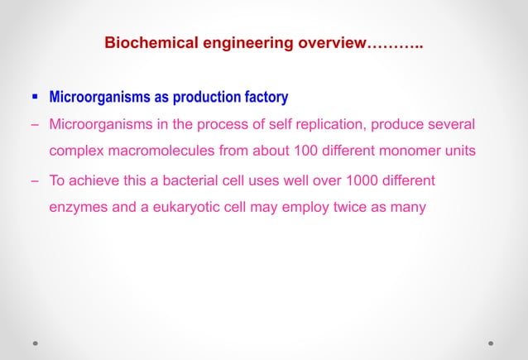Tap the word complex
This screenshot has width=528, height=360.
tap(76, 152)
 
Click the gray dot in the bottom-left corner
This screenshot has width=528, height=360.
tap(36, 342)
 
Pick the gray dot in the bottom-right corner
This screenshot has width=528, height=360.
tap(491, 342)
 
